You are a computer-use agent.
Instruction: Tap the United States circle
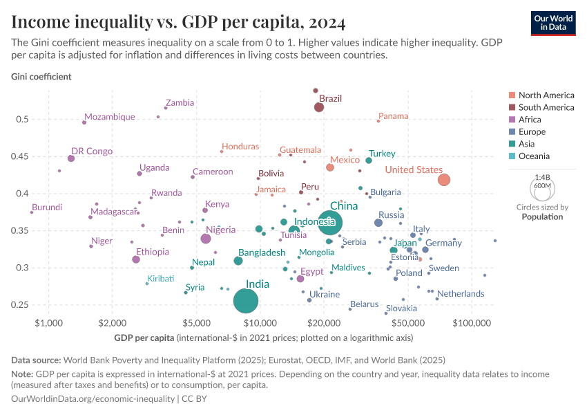tap(444, 180)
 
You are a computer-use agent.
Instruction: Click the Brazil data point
tap(319, 107)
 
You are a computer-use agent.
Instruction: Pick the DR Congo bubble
tap(71, 158)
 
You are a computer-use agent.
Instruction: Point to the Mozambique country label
tap(109, 117)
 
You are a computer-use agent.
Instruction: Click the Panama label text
tap(394, 116)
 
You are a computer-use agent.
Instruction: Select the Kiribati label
tap(160, 278)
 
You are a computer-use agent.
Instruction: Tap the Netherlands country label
tap(461, 294)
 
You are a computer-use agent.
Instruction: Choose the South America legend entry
tap(546, 107)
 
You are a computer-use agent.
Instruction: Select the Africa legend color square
tap(511, 120)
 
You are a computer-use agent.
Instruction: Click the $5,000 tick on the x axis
tap(196, 323)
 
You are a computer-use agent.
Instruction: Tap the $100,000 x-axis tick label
tap(472, 323)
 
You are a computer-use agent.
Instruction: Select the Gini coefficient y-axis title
tap(41, 76)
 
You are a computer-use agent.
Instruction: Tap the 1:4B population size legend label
tap(542, 178)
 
